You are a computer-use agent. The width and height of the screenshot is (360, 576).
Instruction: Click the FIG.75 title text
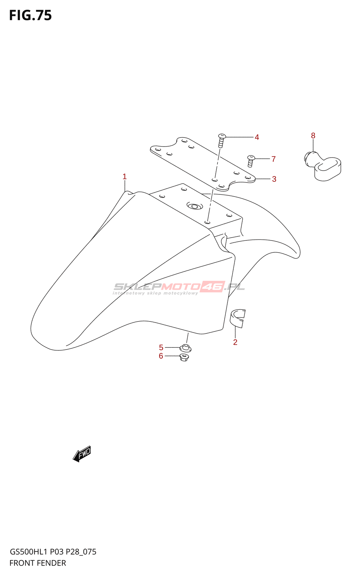tap(31, 15)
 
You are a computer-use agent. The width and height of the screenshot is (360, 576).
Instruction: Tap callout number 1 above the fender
tap(125, 176)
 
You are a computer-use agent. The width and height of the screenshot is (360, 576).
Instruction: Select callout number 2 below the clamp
tap(235, 342)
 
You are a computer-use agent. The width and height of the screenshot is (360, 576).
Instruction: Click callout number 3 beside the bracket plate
tap(274, 179)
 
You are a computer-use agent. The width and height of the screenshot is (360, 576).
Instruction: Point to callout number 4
tap(257, 137)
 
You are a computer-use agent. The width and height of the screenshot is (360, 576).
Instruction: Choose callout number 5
tap(161, 347)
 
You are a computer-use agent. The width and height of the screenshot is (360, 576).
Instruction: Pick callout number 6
tap(161, 356)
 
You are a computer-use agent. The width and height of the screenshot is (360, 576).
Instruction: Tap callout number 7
tap(274, 159)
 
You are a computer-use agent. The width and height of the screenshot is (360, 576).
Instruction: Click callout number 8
tap(313, 136)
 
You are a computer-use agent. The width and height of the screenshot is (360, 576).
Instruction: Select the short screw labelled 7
tap(251, 161)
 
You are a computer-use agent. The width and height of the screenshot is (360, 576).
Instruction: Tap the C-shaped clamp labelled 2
tap(238, 318)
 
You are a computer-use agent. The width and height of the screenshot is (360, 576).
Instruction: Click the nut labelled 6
tap(184, 357)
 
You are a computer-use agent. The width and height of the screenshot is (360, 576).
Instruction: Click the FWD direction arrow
tap(82, 454)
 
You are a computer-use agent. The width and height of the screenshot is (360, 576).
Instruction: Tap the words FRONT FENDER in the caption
tap(38, 563)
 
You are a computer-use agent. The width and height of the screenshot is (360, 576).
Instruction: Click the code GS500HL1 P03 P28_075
tap(53, 552)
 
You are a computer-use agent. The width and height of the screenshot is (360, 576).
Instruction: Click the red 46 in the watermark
tap(212, 287)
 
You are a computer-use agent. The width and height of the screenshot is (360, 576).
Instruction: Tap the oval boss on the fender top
tap(195, 206)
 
